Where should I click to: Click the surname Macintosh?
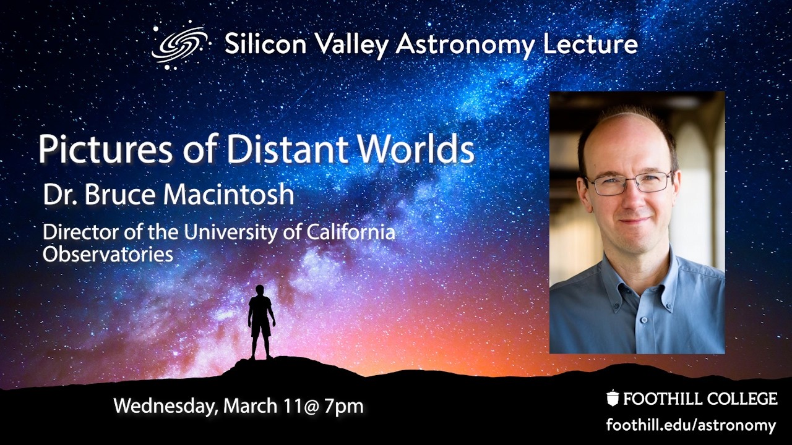coord(231,195)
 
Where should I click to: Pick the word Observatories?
coord(108,254)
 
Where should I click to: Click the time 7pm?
coord(343,406)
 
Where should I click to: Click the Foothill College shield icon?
coord(613,399)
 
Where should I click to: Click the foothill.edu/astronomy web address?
coord(691,425)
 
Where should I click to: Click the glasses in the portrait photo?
coord(629,183)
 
